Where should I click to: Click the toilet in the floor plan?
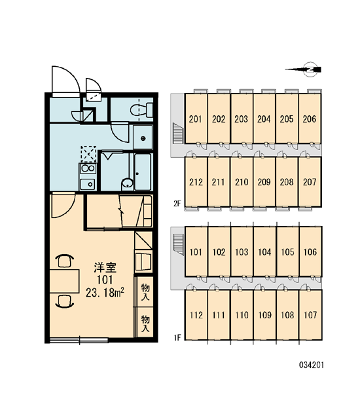pyautogui.click(x=141, y=110)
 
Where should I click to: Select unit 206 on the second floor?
pyautogui.click(x=310, y=119)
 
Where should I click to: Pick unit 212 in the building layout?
pyautogui.click(x=196, y=182)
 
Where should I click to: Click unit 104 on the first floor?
pyautogui.click(x=264, y=252)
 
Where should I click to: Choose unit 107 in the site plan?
pyautogui.click(x=310, y=315)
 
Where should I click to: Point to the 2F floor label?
pyautogui.click(x=177, y=204)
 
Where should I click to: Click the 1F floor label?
pyautogui.click(x=177, y=337)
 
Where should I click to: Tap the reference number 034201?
pyautogui.click(x=312, y=365)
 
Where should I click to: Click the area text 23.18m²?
pyautogui.click(x=105, y=293)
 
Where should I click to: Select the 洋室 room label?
pyautogui.click(x=105, y=268)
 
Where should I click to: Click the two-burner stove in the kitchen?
pyautogui.click(x=88, y=169)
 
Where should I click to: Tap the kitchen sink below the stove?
pyautogui.click(x=88, y=184)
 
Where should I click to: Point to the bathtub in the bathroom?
pyautogui.click(x=143, y=172)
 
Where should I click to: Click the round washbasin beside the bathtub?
pyautogui.click(x=128, y=184)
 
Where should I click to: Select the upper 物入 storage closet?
pyautogui.click(x=145, y=291)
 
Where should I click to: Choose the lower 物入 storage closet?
pyautogui.click(x=145, y=323)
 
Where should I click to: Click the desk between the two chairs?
pyautogui.click(x=64, y=281)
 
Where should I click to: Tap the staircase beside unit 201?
pyautogui.click(x=177, y=134)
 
